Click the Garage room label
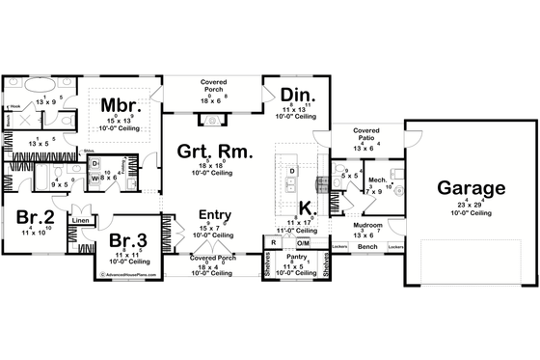[x=471, y=187]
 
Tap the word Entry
[x=214, y=215]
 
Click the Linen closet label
[x=79, y=222]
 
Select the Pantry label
[x=291, y=258]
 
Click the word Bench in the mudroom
[x=366, y=247]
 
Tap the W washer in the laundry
[x=95, y=179]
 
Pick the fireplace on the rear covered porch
[x=213, y=120]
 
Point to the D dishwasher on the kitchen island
[x=291, y=170]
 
